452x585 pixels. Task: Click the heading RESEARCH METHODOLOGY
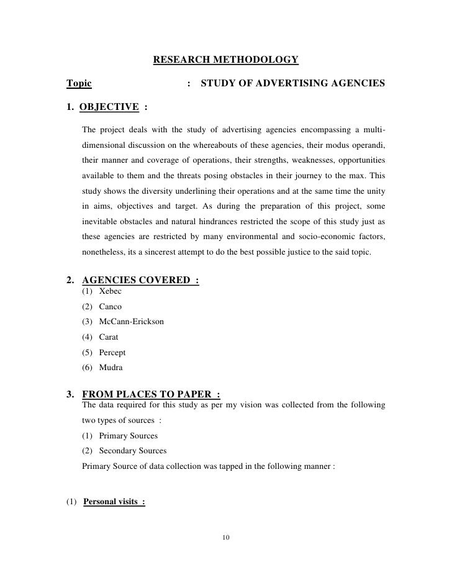(225, 60)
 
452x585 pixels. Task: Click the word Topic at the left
(79, 83)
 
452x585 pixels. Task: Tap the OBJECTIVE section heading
(110, 106)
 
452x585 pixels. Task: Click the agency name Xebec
(110, 291)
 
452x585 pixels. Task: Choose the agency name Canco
(111, 307)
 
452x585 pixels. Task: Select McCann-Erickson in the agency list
(132, 322)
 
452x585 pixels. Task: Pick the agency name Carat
(109, 337)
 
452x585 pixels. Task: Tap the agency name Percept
(112, 352)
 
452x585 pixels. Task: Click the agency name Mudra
(111, 368)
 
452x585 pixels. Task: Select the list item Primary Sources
(129, 436)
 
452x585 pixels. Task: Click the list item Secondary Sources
(133, 451)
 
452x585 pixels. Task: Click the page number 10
(226, 537)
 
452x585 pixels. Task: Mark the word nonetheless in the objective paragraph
(105, 253)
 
